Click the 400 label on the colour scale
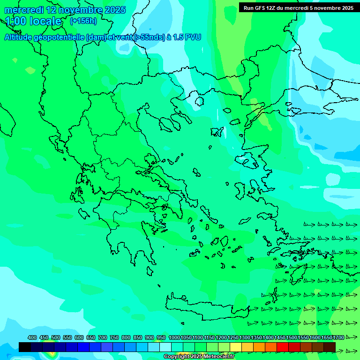(x=32, y=337)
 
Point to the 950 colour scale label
(x=161, y=337)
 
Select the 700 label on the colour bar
(x=103, y=337)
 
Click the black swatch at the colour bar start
(x=25, y=347)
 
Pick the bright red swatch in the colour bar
(x=283, y=347)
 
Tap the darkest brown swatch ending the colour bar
(x=330, y=347)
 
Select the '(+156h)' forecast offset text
(x=83, y=21)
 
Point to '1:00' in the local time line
(x=15, y=21)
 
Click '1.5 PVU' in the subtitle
(x=187, y=37)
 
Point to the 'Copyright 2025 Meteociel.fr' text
(x=199, y=357)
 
